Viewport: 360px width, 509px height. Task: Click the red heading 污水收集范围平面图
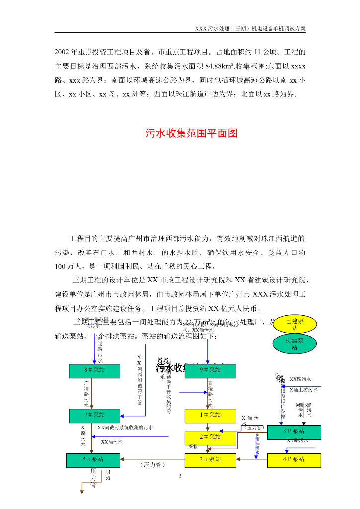191,133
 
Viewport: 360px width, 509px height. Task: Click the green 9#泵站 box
210,370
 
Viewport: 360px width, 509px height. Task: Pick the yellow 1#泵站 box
210,415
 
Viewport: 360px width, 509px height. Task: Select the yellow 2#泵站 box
210,437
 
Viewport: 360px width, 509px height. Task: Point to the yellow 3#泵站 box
210,460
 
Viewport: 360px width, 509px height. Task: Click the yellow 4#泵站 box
294,460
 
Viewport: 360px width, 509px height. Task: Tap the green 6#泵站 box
294,431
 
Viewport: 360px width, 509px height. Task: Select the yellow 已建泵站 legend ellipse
294,325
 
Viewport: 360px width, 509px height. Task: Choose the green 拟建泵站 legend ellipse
294,344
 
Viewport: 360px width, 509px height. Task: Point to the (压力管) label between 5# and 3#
150,465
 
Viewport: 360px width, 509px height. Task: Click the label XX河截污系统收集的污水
125,427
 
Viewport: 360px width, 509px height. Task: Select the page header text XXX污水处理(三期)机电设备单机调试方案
250,29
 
